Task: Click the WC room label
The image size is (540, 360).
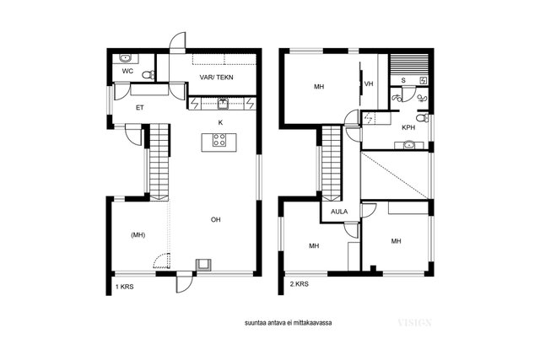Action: pyautogui.click(x=127, y=72)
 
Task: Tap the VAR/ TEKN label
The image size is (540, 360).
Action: pyautogui.click(x=216, y=78)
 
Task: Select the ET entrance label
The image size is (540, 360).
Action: pyautogui.click(x=139, y=108)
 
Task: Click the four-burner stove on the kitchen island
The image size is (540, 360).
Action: pyautogui.click(x=219, y=140)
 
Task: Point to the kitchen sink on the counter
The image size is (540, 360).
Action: pyautogui.click(x=223, y=104)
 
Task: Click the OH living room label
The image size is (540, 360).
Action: pyautogui.click(x=216, y=219)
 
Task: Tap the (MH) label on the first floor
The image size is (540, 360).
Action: pyautogui.click(x=138, y=235)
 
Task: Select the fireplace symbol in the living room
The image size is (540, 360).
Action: pyautogui.click(x=204, y=265)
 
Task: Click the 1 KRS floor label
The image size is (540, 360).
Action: pyautogui.click(x=124, y=287)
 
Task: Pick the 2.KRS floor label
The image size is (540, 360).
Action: pyautogui.click(x=300, y=284)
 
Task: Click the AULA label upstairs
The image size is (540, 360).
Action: pyautogui.click(x=339, y=212)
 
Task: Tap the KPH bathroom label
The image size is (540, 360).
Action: pyautogui.click(x=408, y=127)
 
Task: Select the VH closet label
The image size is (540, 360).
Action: pyautogui.click(x=369, y=83)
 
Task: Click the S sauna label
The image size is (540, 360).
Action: pyautogui.click(x=403, y=81)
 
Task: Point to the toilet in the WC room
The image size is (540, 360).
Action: pyautogui.click(x=148, y=75)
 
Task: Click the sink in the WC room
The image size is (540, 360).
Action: pyautogui.click(x=125, y=58)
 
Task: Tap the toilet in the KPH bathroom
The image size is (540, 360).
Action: pyautogui.click(x=422, y=118)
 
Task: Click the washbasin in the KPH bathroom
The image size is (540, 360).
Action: pyautogui.click(x=409, y=145)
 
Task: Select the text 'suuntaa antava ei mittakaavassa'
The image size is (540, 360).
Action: pyautogui.click(x=289, y=323)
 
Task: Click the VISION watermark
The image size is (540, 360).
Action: pyautogui.click(x=414, y=323)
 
